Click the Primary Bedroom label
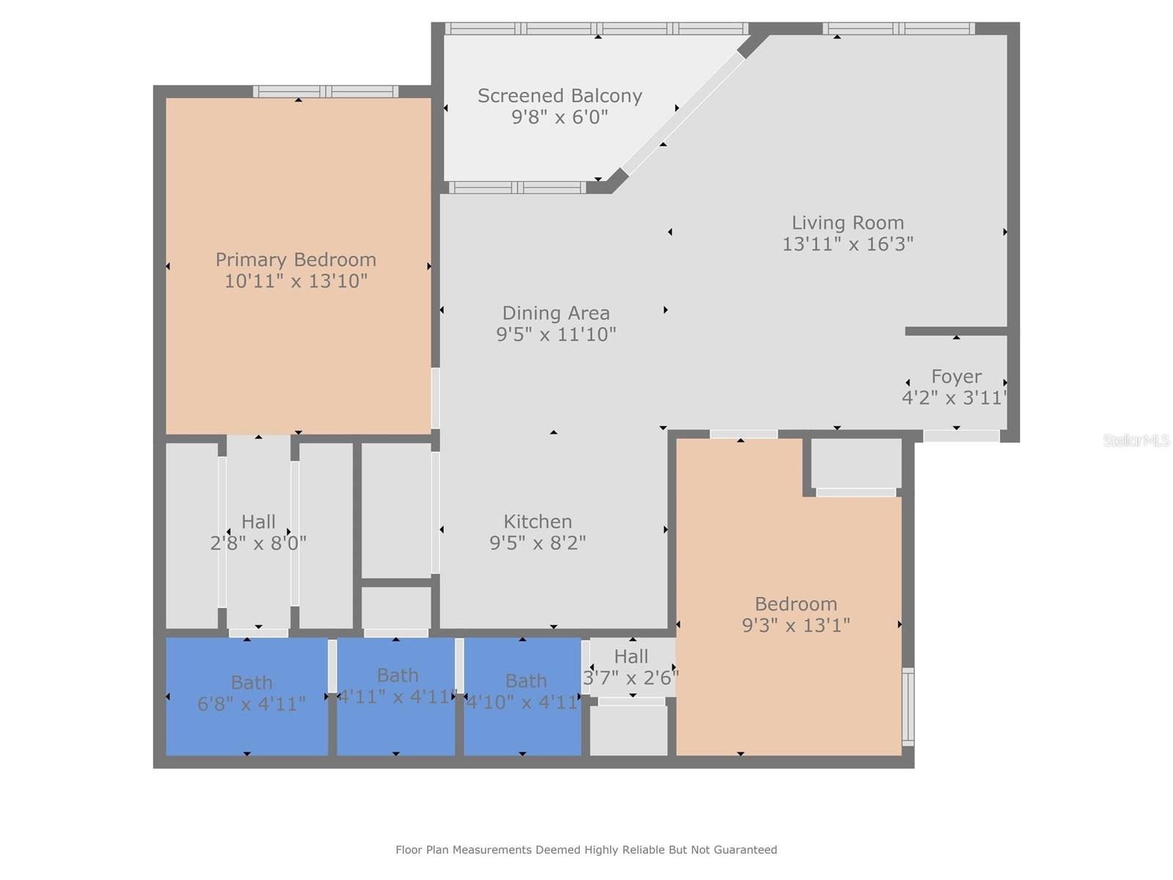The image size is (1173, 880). [x=295, y=260]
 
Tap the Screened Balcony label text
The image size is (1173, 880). [x=559, y=95]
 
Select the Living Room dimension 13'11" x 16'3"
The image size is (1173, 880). [x=847, y=244]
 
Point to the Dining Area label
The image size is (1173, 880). [x=556, y=313]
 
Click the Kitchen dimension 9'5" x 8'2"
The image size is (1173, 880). [x=537, y=543]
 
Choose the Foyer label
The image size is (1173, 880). [x=956, y=377]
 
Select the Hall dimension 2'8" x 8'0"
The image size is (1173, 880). [x=258, y=543]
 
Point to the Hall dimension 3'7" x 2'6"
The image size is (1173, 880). [x=631, y=678]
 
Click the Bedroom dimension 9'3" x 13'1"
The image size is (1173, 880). [x=795, y=625]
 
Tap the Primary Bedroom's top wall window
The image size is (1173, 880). [x=326, y=92]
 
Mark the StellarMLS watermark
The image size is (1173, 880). [x=1136, y=440]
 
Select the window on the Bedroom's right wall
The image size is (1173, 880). [x=908, y=706]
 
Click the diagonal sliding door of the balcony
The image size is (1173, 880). [x=683, y=113]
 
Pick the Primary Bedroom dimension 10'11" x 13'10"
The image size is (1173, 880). [x=295, y=281]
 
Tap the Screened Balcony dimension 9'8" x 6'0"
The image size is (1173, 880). [x=559, y=117]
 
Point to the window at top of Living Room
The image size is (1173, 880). [x=899, y=29]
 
